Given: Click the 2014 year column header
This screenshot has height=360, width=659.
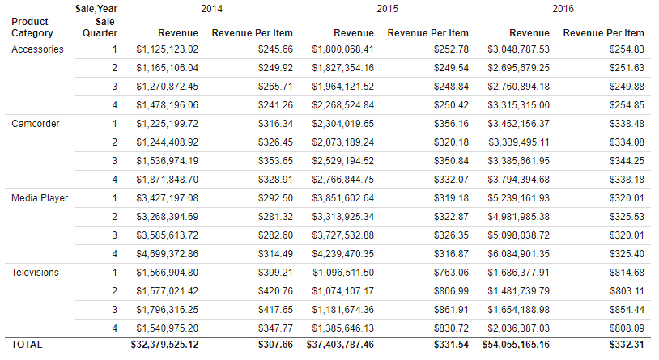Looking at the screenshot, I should click(x=211, y=9).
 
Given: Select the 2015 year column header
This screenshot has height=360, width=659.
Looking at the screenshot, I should click(x=387, y=9).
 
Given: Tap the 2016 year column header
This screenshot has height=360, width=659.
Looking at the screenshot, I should click(x=563, y=9).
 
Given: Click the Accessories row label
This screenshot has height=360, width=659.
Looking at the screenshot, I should click(x=37, y=49).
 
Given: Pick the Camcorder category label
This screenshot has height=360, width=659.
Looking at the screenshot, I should click(x=36, y=124).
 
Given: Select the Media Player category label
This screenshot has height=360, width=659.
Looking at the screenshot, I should click(x=40, y=198).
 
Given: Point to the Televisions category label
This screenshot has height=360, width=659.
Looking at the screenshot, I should click(x=36, y=273).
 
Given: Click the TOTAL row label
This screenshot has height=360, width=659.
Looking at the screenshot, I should click(x=27, y=345).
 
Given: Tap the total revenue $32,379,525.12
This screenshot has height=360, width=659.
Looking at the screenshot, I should click(x=164, y=345).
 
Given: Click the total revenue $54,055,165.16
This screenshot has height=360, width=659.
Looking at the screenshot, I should click(x=516, y=345).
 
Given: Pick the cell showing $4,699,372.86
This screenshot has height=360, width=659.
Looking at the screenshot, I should click(x=168, y=254).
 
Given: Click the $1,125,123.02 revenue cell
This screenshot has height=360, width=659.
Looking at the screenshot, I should click(x=168, y=49).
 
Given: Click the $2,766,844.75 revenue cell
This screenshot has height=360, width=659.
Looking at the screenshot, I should click(x=343, y=180).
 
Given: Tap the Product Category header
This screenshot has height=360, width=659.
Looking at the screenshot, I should click(x=32, y=28).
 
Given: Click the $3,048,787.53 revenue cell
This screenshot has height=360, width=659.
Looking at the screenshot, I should click(x=519, y=49).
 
